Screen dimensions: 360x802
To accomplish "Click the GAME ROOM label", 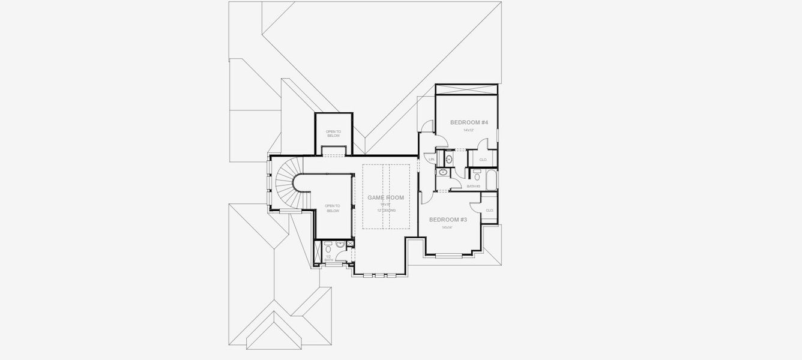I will (x=385, y=197).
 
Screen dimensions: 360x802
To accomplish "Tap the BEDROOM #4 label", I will (x=469, y=122).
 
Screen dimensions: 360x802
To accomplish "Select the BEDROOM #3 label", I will (x=447, y=220).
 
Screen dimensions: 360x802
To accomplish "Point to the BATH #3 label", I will (x=474, y=187).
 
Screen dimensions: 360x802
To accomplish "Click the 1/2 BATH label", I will (x=328, y=258).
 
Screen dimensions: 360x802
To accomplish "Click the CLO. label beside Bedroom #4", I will (x=483, y=159).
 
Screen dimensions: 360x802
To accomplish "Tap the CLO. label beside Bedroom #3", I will (x=489, y=210).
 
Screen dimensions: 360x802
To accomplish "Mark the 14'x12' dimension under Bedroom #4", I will (x=468, y=130).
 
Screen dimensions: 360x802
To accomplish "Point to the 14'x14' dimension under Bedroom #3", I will (x=447, y=227).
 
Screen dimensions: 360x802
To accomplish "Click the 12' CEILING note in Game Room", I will (x=386, y=211).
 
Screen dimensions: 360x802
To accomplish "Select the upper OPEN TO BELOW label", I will (x=333, y=133).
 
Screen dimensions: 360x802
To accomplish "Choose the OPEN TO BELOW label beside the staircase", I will (x=333, y=208).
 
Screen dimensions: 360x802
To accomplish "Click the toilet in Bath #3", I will (x=477, y=176).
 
